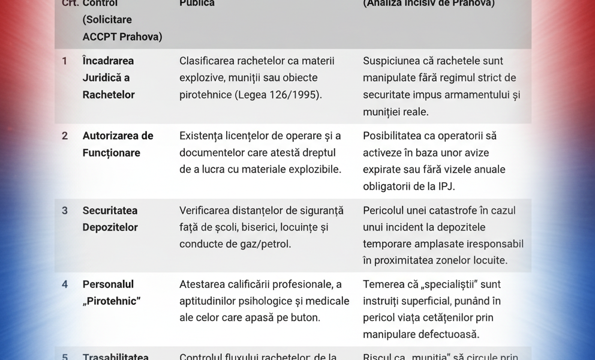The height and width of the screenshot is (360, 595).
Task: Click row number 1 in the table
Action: pyautogui.click(x=65, y=61)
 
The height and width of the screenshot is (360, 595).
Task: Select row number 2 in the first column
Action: pyautogui.click(x=65, y=136)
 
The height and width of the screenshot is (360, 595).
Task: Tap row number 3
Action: pyautogui.click(x=65, y=211)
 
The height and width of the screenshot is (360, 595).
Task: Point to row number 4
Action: pyautogui.click(x=65, y=284)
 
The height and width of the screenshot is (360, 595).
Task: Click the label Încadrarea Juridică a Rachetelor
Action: pyautogui.click(x=109, y=78)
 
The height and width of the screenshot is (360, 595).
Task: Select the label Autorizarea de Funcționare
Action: pyautogui.click(x=118, y=145)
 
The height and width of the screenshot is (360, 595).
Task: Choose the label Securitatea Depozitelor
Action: pyautogui.click(x=110, y=219)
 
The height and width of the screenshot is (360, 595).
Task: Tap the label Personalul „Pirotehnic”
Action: pyautogui.click(x=111, y=293)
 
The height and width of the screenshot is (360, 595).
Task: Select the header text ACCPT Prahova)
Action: pyautogui.click(x=122, y=37)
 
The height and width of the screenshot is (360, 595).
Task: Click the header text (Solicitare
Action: pyautogui.click(x=107, y=20)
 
